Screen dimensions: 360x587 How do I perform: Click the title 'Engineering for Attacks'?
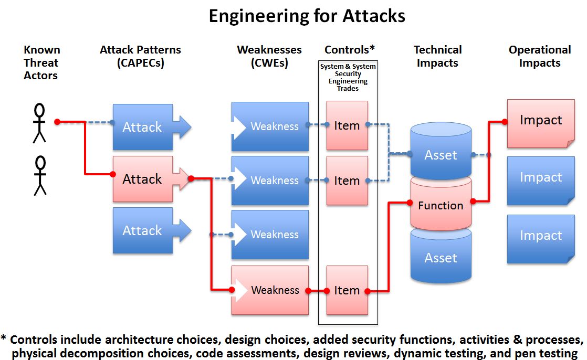click(307, 16)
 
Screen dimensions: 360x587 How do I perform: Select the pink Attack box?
click(142, 179)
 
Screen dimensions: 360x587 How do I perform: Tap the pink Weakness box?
click(270, 290)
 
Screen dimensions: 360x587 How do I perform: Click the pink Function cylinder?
click(441, 205)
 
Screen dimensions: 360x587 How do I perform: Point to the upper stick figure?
click(39, 123)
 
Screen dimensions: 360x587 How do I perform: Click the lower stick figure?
click(40, 175)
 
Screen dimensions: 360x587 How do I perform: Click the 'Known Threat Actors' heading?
click(42, 63)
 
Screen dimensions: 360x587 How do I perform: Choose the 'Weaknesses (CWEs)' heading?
click(269, 57)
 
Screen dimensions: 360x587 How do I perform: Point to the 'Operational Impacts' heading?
click(540, 57)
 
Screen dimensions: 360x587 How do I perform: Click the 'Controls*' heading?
click(350, 50)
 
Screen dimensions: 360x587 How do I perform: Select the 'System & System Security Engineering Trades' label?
click(348, 78)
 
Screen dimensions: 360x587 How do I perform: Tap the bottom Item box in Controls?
click(347, 290)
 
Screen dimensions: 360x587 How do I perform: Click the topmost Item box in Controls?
click(347, 125)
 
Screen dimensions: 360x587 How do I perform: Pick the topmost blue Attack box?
click(142, 127)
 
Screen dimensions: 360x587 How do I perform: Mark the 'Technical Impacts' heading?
click(437, 57)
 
